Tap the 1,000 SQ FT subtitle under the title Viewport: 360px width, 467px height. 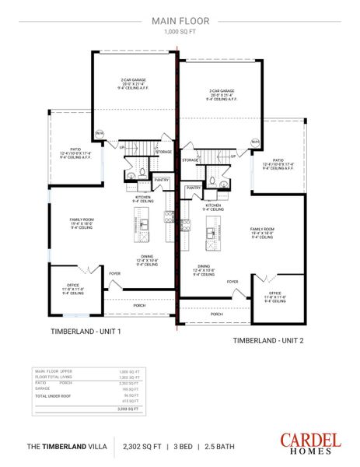coord(180,33)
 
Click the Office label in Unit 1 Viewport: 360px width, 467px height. coord(72,290)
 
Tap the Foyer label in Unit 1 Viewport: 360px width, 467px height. coord(115,273)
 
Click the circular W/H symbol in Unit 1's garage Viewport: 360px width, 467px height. coord(99,134)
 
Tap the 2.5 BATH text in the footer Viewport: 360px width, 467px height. coord(220,446)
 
